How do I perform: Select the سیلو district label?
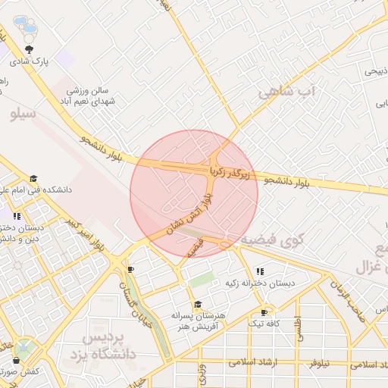[23, 115]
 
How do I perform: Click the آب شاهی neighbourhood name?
[285, 92]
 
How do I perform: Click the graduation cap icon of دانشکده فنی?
[33, 179]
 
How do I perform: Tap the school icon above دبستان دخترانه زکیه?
[260, 271]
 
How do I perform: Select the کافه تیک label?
[264, 324]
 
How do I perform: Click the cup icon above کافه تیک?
[264, 312]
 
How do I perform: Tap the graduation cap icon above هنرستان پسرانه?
[198, 305]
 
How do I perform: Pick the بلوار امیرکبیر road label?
[85, 235]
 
